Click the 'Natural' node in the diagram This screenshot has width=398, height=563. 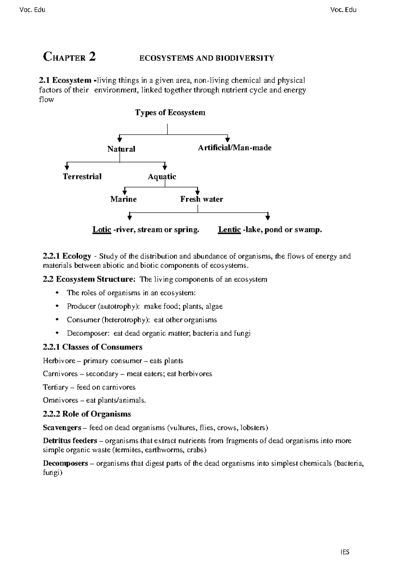click(121, 149)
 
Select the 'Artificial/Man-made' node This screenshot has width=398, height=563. click(234, 148)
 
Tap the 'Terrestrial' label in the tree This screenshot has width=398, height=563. click(82, 176)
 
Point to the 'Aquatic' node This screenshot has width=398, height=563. click(162, 176)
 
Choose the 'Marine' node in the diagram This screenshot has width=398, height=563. click(123, 199)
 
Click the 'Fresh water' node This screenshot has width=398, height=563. click(201, 199)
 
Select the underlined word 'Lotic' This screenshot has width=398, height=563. click(101, 229)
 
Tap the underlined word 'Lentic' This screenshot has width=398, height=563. click(229, 229)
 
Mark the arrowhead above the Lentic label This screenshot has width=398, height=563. click(268, 217)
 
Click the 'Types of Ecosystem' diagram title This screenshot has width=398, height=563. click(170, 113)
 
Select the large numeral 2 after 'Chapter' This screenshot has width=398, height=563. click(92, 57)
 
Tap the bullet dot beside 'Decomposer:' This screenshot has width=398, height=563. click(57, 333)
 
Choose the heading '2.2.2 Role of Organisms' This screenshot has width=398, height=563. click(87, 414)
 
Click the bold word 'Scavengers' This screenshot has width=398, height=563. click(62, 427)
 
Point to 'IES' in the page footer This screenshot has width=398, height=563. click(345, 552)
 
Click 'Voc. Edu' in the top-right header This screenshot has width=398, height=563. click(343, 10)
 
